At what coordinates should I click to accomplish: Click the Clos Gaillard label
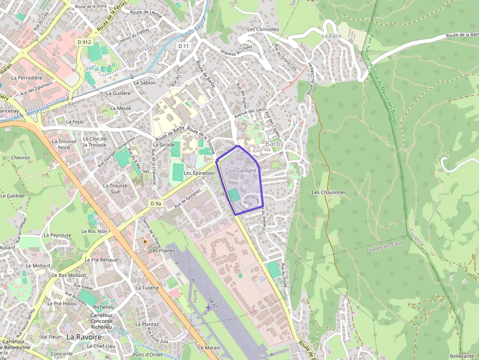(x=240, y=170)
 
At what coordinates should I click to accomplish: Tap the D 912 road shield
(x=84, y=42)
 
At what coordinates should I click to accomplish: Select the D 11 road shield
(x=183, y=45)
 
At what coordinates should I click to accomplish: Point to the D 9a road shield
(x=155, y=203)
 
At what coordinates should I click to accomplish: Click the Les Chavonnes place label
(x=329, y=192)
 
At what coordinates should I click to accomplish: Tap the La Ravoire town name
(x=84, y=337)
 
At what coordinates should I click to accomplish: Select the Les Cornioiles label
(x=263, y=29)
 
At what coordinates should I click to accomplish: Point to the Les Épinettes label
(x=199, y=173)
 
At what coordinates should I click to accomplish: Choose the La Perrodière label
(x=27, y=78)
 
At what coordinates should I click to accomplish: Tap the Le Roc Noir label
(x=94, y=231)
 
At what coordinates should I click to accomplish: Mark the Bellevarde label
(x=462, y=356)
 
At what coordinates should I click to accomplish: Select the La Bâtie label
(x=331, y=36)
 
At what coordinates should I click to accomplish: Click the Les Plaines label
(x=162, y=251)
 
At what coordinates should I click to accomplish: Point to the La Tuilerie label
(x=147, y=288)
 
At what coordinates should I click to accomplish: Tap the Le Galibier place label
(x=13, y=195)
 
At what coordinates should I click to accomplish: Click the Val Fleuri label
(x=50, y=337)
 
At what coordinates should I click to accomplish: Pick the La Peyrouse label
(x=57, y=235)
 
